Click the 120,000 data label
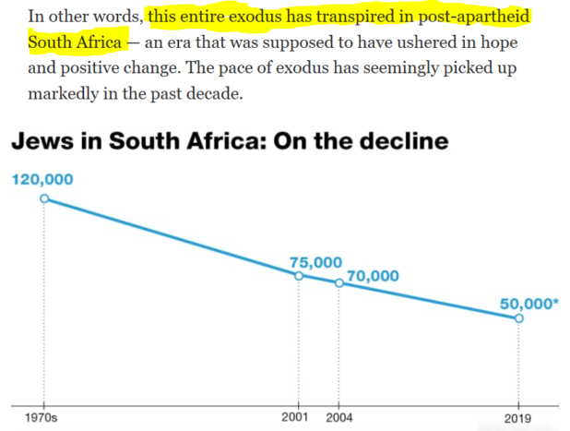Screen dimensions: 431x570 42,180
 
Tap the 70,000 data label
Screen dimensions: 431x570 373,274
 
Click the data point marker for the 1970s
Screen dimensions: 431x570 42,198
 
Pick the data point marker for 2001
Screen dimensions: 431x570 299,275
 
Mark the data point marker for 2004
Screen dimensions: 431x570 338,283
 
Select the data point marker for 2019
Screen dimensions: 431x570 518,318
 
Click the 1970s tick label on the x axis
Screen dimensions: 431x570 42,417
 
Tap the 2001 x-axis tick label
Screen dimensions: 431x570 295,417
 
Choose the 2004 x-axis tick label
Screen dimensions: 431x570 339,417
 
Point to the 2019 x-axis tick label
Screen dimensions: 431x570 517,417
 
